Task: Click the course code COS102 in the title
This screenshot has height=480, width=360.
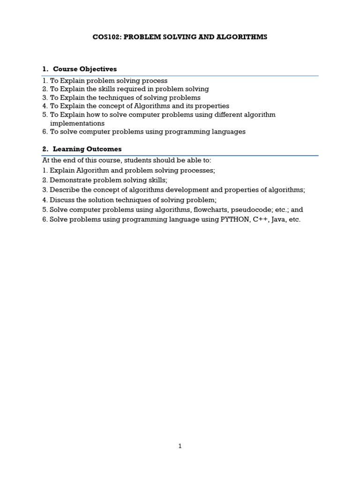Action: [x=106, y=37]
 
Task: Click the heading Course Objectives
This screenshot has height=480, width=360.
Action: [x=85, y=69]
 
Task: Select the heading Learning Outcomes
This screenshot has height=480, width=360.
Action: [x=87, y=149]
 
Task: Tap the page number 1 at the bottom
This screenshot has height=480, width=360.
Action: [x=180, y=446]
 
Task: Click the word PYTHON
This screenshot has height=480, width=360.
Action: [x=234, y=219]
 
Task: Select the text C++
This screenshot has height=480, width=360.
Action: [x=260, y=219]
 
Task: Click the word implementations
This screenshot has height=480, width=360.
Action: [x=77, y=123]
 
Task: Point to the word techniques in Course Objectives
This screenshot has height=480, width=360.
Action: [x=120, y=97]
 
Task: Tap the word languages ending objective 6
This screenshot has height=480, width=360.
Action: [x=229, y=132]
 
